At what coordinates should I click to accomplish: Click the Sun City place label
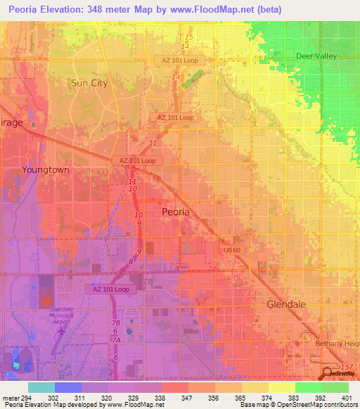[x=89, y=83]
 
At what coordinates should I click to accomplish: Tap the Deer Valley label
[x=316, y=56]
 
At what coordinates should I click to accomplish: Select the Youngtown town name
[x=46, y=170]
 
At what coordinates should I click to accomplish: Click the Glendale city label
[x=286, y=304]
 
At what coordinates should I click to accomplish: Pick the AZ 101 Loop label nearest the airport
[x=110, y=289]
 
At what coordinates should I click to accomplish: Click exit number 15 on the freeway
[x=188, y=37]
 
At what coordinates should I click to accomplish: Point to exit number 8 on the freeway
[x=131, y=261]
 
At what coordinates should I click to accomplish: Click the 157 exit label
[x=345, y=368]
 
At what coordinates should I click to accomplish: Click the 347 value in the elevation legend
[x=186, y=397]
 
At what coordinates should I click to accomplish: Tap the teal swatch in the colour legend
[x=41, y=387]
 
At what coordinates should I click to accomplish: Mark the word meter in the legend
[x=10, y=397]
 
